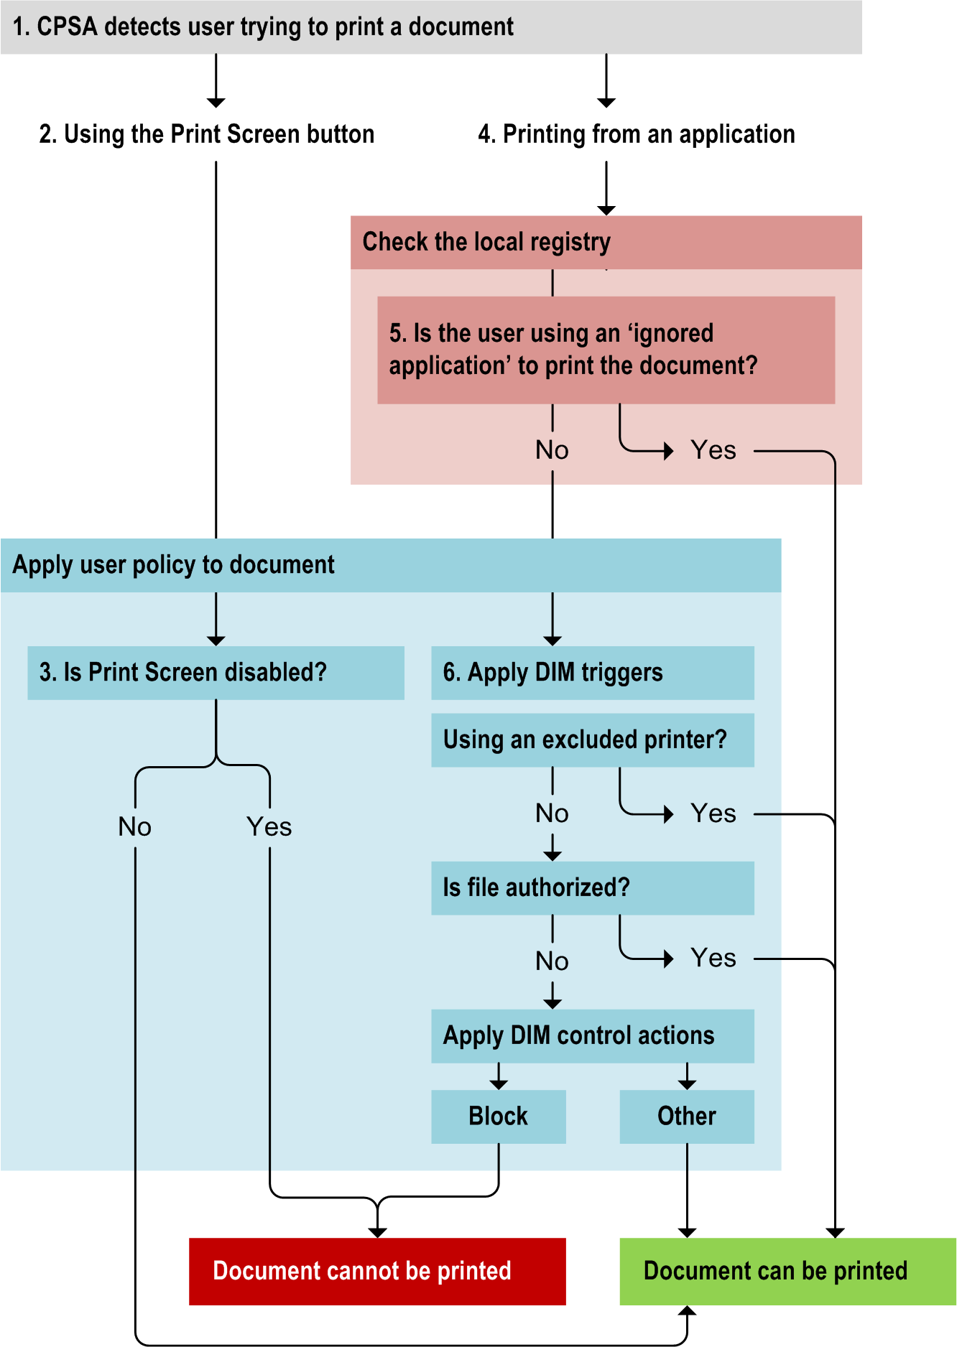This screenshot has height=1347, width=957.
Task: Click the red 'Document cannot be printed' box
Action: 377,1271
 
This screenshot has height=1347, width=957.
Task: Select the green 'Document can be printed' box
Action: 787,1271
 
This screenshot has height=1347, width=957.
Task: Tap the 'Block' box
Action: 498,1117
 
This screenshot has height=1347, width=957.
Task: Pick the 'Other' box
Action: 687,1117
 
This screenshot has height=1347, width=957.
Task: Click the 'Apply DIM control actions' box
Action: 592,1035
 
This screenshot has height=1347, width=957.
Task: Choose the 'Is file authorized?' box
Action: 592,887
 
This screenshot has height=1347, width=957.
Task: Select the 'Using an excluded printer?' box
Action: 592,740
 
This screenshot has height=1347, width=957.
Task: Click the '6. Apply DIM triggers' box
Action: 592,673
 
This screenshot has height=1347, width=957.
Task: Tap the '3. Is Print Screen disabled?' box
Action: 216,673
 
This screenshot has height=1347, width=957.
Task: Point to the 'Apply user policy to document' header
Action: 390,565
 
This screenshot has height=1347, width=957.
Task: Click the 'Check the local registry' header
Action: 606,242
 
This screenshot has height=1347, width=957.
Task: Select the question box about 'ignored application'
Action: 606,350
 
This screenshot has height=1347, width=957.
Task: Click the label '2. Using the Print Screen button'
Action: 207,134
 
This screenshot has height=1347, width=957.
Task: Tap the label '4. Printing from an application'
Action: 637,134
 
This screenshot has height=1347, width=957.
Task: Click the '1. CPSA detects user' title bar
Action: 431,27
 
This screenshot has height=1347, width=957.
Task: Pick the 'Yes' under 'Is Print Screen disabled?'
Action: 269,827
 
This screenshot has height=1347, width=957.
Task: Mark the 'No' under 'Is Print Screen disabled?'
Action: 135,827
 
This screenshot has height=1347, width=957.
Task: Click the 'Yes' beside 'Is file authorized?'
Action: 713,959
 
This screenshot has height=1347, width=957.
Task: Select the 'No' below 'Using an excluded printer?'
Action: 552,814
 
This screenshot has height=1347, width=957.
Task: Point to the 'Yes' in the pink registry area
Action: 713,450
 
